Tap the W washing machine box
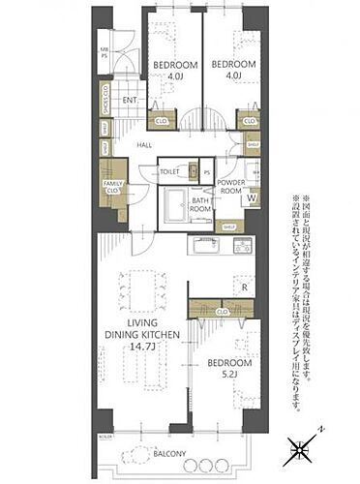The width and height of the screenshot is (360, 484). coord(252,200)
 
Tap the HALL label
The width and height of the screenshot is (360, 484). coord(144,145)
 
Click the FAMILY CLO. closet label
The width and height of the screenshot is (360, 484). coord(113,187)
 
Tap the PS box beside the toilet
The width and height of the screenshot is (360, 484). coord(206,172)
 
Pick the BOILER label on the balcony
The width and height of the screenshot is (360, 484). coord(105,438)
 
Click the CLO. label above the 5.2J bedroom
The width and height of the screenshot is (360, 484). coord(223,312)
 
